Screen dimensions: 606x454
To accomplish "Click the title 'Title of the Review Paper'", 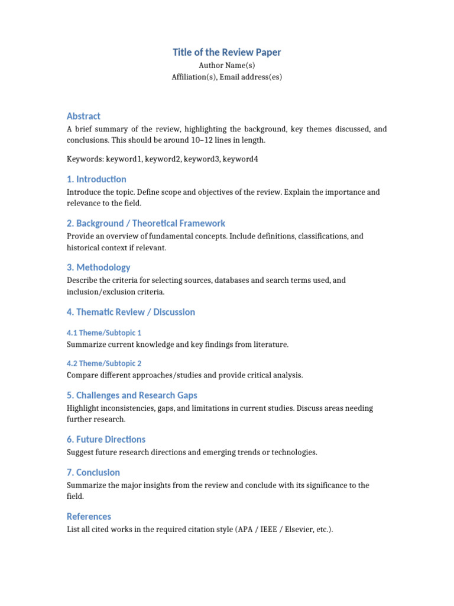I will (227, 52).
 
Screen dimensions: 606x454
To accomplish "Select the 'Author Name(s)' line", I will (227, 66).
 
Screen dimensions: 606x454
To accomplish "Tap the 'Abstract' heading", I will (83, 116).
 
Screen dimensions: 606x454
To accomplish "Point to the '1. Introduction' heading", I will (96, 179).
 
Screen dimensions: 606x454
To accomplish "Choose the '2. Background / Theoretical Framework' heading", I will (146, 223).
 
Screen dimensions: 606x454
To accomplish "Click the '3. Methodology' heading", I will (99, 267).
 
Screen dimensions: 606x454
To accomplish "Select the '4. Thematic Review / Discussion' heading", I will (131, 312).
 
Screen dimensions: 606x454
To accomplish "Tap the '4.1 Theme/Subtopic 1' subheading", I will (104, 333).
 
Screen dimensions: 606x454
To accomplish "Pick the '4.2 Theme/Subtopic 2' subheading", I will (104, 363).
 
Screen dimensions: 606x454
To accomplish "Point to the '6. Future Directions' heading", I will (106, 439).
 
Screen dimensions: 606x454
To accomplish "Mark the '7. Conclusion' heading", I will (93, 472).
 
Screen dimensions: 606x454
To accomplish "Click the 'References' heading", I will (89, 516).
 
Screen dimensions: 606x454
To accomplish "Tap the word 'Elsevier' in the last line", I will (301, 530).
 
